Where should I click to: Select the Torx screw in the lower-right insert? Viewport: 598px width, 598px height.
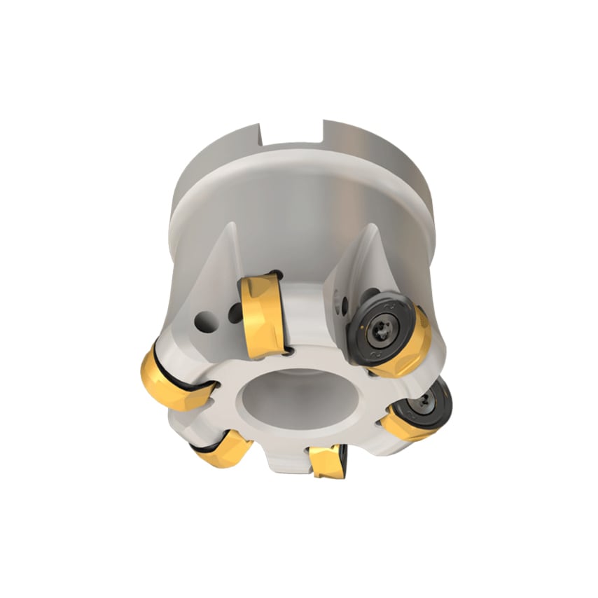click(x=426, y=401)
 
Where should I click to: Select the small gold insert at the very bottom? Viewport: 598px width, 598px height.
click(x=326, y=461)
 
